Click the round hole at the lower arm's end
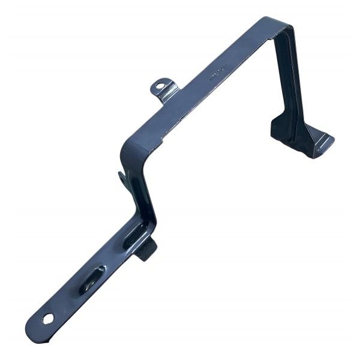pyautogui.click(x=47, y=317)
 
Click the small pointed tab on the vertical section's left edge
pyautogui.click(x=122, y=177)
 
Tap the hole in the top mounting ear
pyautogui.click(x=160, y=85)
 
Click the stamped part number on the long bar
pyautogui.click(x=218, y=73)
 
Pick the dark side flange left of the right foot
pyautogui.click(x=282, y=129)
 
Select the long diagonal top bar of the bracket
pyautogui.click(x=204, y=84)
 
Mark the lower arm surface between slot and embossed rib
pyautogui.click(x=111, y=258)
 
